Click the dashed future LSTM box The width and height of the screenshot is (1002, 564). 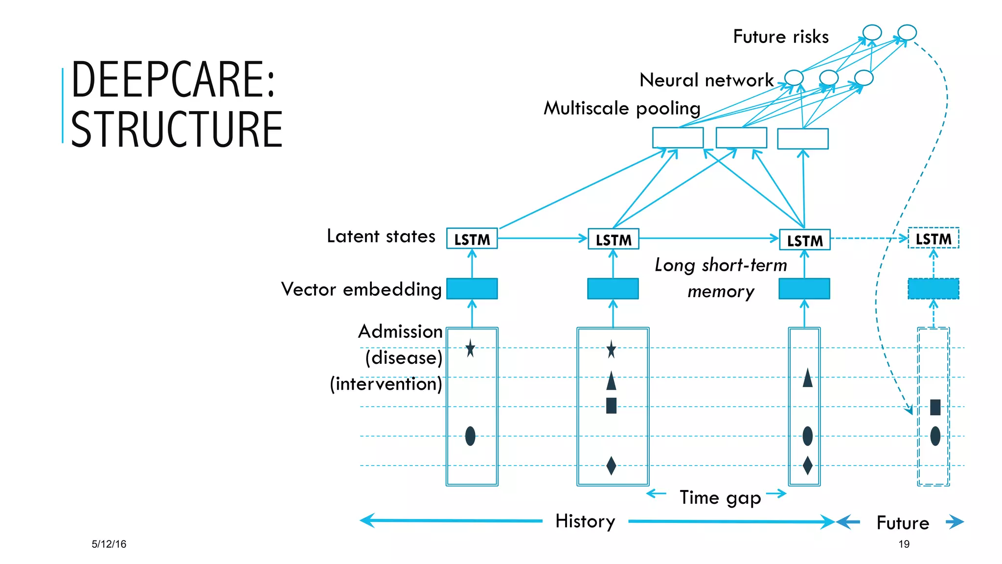tap(933, 238)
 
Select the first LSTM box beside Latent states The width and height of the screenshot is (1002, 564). tap(472, 239)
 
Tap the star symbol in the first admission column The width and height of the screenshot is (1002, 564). tap(470, 348)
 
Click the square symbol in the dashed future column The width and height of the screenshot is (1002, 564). tap(935, 407)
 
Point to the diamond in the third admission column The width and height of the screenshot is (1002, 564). tap(807, 465)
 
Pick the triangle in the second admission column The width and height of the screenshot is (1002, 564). tap(611, 381)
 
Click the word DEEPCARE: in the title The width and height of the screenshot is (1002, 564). tap(174, 79)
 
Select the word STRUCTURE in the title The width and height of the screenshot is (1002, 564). tap(177, 129)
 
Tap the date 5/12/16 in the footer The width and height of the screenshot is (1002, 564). tap(109, 544)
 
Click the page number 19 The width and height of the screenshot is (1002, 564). tap(904, 544)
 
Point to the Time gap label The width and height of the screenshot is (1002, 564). tap(720, 497)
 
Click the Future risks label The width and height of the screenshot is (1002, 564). tap(780, 37)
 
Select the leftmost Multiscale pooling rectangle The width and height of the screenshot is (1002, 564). tap(678, 138)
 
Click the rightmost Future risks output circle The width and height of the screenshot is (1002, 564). tap(907, 32)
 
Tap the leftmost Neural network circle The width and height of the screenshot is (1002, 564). tap(794, 77)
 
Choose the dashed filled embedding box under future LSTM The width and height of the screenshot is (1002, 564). tap(933, 288)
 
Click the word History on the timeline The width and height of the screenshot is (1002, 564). tap(585, 521)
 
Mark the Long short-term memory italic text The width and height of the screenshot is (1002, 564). tap(721, 278)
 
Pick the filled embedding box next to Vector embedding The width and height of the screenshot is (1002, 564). tap(472, 288)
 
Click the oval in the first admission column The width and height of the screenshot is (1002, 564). tap(470, 436)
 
